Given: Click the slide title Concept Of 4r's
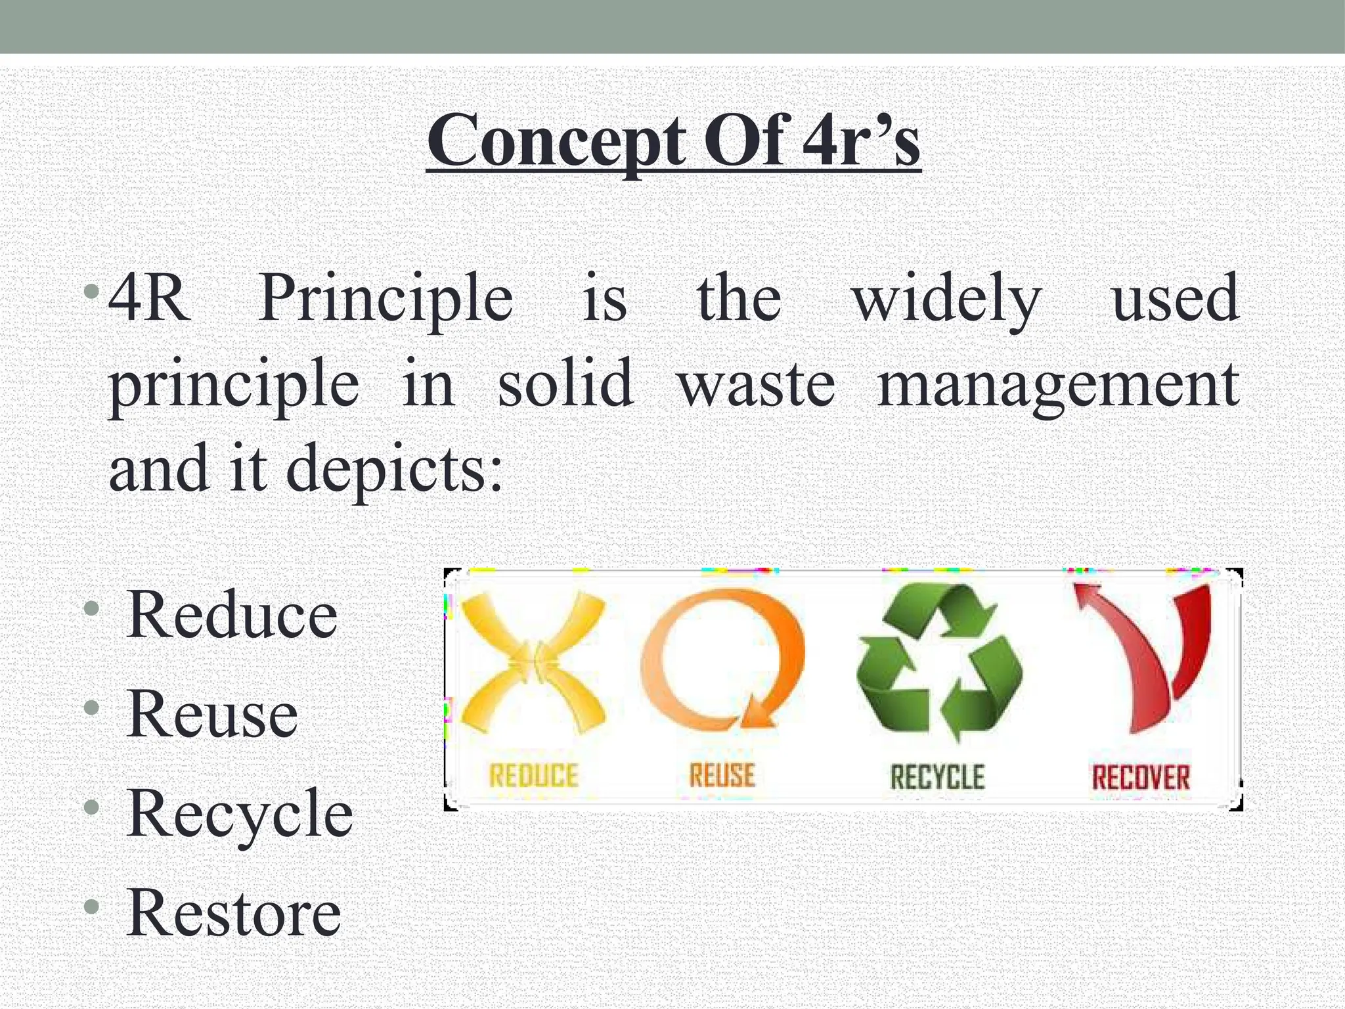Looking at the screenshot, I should click(x=673, y=141).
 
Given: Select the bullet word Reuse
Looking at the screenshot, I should click(x=211, y=714).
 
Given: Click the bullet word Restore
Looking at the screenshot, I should click(x=234, y=913).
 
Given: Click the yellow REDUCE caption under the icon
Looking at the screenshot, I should click(x=533, y=776).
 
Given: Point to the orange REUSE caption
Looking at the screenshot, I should click(x=722, y=776).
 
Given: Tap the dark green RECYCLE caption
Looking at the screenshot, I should click(x=937, y=777).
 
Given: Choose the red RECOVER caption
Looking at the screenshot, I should click(x=1141, y=777).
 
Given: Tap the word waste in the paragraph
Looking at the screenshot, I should click(x=757, y=384).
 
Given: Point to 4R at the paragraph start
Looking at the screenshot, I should click(x=150, y=300).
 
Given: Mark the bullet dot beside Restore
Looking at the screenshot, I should click(x=93, y=907).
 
